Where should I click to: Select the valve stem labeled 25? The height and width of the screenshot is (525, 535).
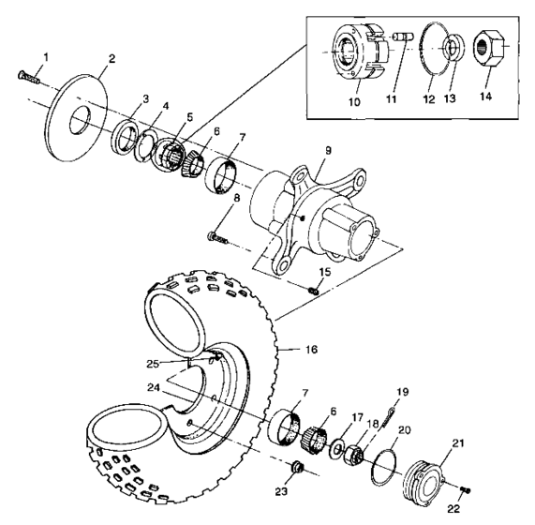[215, 355]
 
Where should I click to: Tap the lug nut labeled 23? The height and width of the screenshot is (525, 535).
[298, 466]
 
